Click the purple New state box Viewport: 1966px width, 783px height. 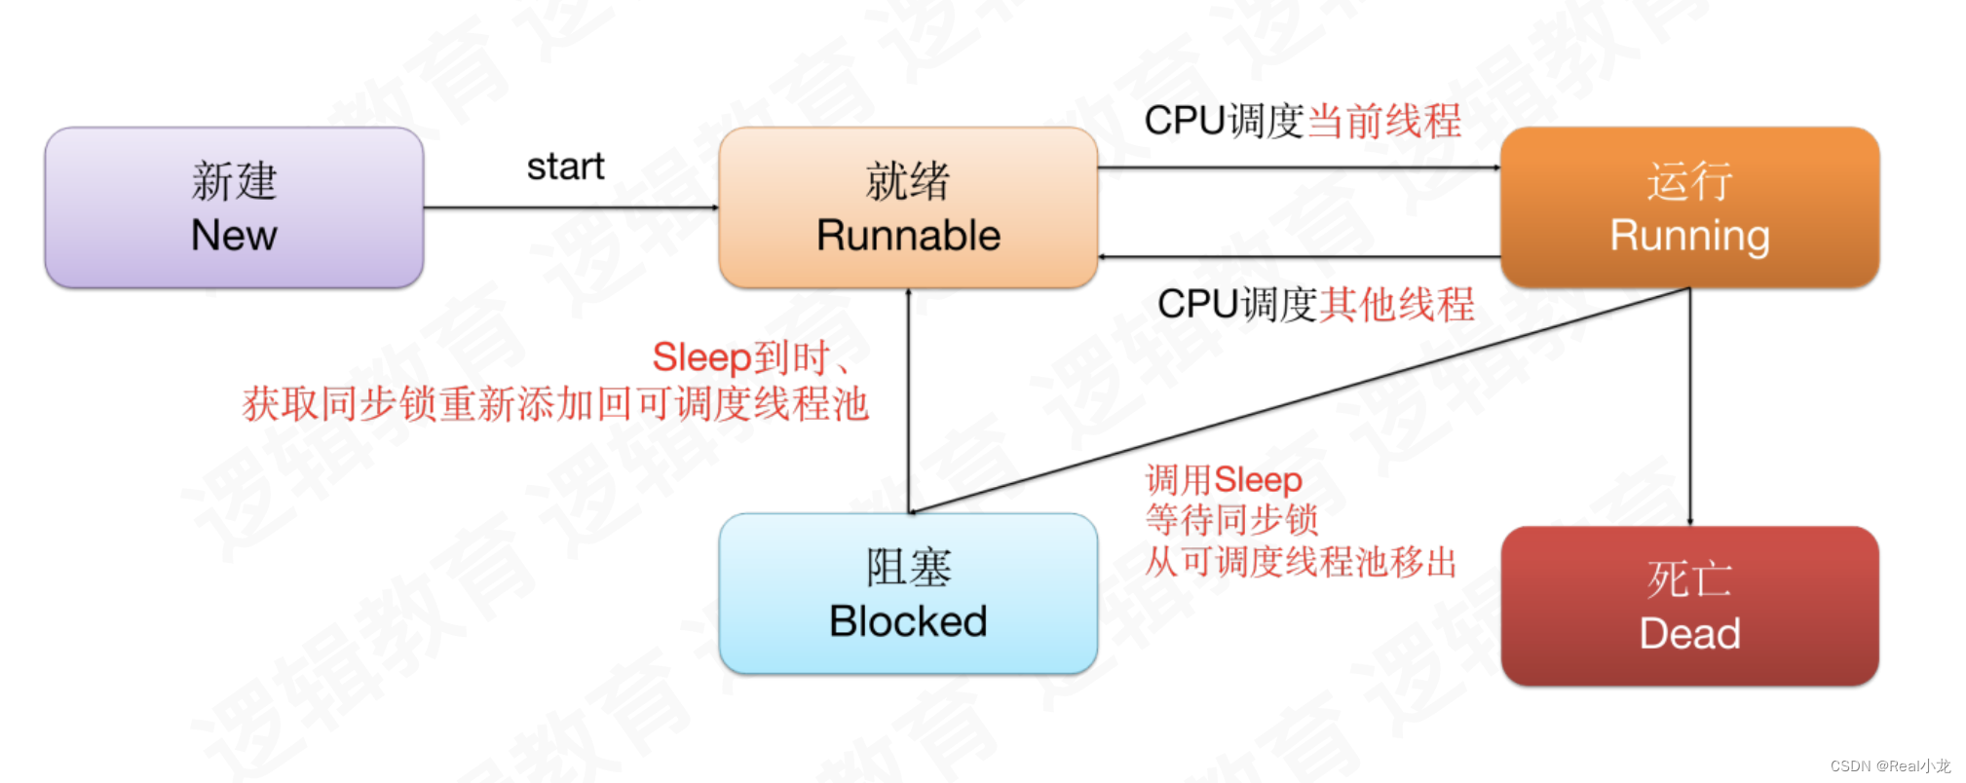pos(234,207)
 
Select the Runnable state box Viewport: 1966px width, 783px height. pos(908,207)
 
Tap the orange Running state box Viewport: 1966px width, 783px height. pos(1689,207)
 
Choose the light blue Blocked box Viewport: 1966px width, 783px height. pos(908,593)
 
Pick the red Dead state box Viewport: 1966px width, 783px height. pos(1689,606)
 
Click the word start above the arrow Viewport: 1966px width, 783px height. pos(565,167)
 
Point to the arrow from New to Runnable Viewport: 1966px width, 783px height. pos(571,207)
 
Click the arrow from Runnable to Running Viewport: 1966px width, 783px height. pos(1299,168)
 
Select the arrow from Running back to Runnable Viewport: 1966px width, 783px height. pos(1299,257)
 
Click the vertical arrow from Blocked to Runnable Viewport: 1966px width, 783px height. pos(909,399)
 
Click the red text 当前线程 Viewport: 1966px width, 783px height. pos(1383,122)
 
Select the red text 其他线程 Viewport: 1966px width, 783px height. pos(1397,305)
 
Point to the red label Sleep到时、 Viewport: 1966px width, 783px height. pos(750,357)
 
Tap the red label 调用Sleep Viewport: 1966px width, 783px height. pos(1224,479)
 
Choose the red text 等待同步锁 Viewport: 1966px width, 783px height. pos(1231,520)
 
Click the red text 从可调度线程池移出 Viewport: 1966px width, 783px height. pos(1301,562)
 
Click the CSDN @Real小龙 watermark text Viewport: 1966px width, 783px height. pos(1889,766)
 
